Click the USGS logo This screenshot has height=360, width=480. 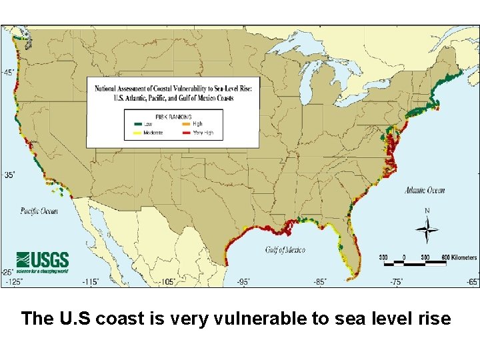pos(42,261)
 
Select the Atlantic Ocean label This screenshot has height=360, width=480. pos(424,191)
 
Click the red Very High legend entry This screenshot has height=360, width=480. pos(184,133)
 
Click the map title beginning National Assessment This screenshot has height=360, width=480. pos(173,92)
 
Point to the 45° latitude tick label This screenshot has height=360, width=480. pos(9,72)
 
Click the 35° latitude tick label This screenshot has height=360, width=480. pos(9,175)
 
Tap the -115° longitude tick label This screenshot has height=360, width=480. pos(90,282)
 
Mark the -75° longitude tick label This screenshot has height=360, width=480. pos(397,282)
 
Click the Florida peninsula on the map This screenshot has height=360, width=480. pos(351,250)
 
